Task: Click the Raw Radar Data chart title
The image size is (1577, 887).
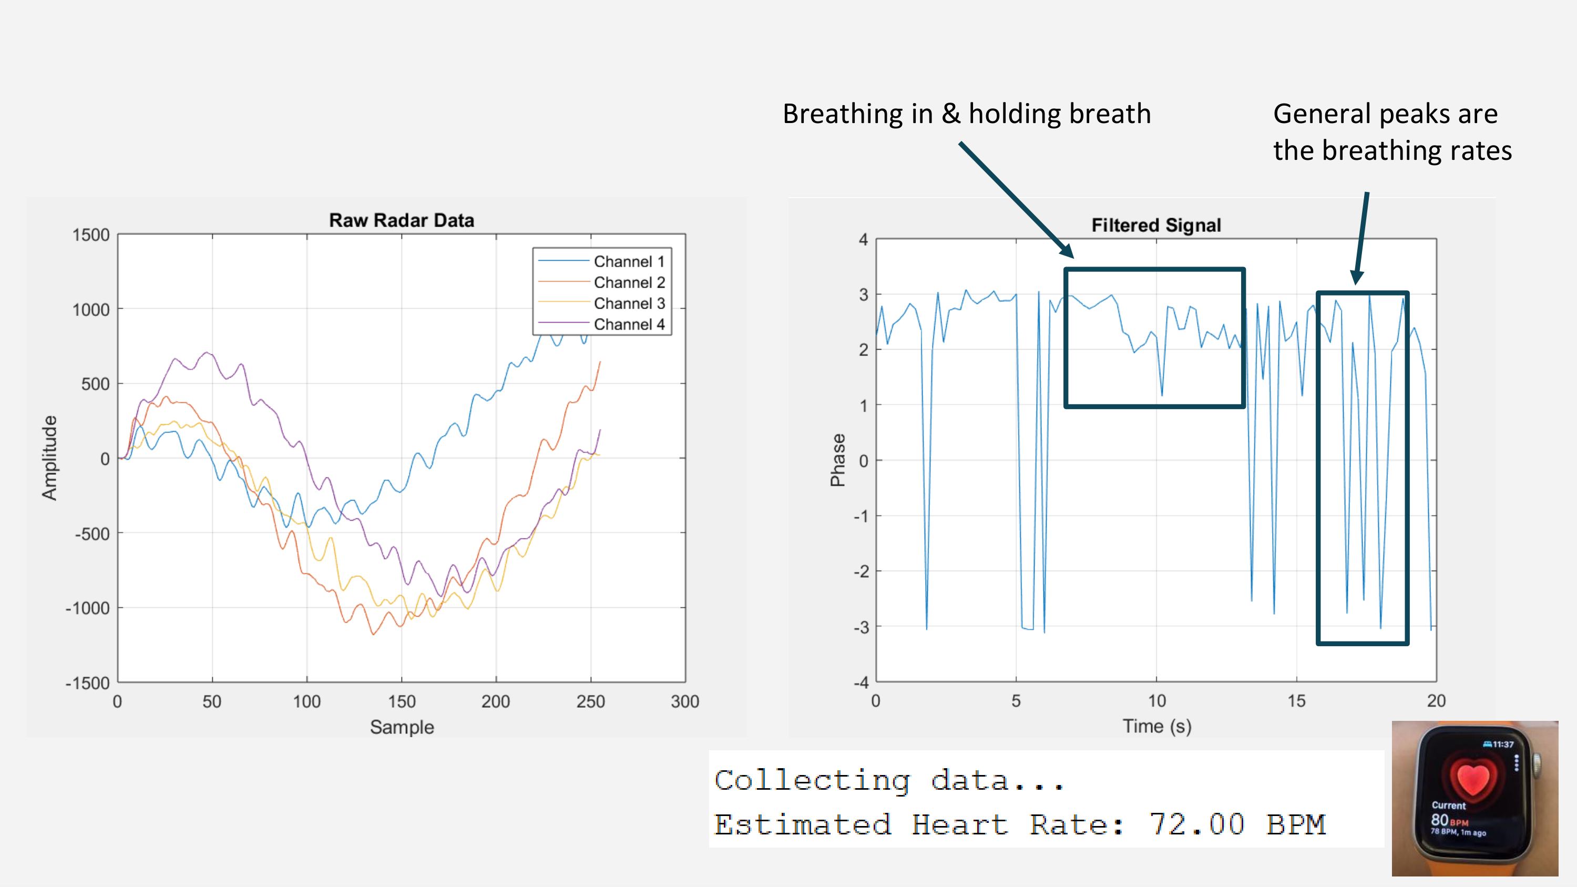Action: point(402,220)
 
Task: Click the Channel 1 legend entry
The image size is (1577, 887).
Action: point(629,262)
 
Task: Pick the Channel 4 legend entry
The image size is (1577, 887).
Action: point(629,324)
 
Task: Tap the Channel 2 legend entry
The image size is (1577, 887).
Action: point(629,283)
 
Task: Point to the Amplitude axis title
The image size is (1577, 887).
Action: point(49,458)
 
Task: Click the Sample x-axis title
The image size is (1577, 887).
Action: point(402,727)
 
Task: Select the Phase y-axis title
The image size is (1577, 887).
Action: point(837,461)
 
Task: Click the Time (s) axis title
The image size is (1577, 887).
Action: point(1156,726)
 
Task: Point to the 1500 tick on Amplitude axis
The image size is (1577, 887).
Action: point(90,235)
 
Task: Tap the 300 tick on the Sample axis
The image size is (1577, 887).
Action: point(684,701)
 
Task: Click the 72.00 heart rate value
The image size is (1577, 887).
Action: point(1197,824)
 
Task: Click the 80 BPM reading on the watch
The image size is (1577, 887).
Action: point(1448,820)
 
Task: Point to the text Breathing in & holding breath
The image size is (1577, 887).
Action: point(967,114)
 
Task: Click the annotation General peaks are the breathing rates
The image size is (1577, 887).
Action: point(1391,132)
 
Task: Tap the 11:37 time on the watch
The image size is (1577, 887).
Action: point(1502,745)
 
